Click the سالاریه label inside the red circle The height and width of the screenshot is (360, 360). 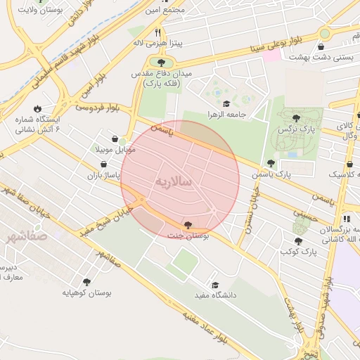click(x=172, y=181)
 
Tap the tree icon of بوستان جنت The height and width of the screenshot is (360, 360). click(x=188, y=225)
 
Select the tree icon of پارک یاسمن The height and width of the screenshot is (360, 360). click(x=271, y=163)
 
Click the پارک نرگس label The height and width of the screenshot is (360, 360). click(x=296, y=129)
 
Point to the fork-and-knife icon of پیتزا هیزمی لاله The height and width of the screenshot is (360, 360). click(x=159, y=32)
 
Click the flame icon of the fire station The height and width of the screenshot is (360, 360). click(x=37, y=109)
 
